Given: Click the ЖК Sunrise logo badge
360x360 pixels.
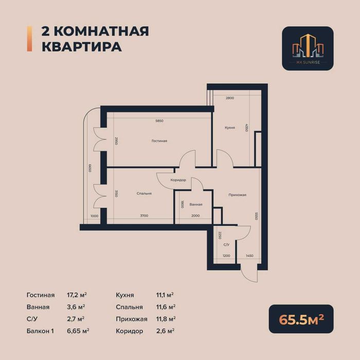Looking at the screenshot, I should [308, 48].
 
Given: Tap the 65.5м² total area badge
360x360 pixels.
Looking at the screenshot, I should [301, 319].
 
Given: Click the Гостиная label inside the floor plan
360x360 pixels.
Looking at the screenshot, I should [159, 141].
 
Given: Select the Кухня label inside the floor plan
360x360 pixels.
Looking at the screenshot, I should [230, 127].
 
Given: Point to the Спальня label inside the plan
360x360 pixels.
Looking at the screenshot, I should [144, 194].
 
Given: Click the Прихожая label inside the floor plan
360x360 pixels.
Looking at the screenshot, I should [238, 195].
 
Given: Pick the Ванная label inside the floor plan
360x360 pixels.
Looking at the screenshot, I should [195, 204].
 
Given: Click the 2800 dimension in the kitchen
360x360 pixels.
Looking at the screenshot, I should [230, 98].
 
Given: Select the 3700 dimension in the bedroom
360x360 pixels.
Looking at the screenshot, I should [144, 216].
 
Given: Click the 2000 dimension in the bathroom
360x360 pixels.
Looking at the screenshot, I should [195, 216].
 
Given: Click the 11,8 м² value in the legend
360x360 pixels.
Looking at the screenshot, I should [165, 319].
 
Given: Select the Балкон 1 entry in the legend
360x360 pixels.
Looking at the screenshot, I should [40, 331].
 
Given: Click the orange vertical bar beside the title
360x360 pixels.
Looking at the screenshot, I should [28, 39].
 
